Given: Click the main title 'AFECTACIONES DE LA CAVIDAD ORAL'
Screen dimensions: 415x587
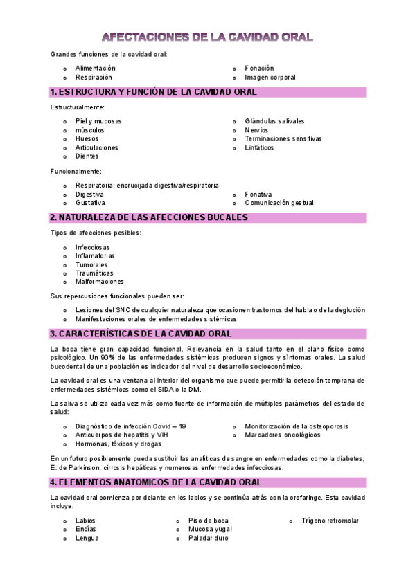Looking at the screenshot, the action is pos(207,37).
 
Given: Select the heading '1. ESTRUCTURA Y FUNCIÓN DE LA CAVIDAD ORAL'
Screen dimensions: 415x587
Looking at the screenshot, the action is pos(154,92).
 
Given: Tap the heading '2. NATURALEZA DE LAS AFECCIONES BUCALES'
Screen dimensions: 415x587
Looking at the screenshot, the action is pos(149,217).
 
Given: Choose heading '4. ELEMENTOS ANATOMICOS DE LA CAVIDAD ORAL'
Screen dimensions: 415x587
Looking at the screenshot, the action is pos(156,482).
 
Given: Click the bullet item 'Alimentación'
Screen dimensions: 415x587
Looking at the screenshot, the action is pos(96,69).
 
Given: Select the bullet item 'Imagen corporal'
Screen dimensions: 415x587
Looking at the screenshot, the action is pos(270,78).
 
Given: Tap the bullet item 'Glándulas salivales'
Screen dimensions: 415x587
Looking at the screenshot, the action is pos(274,121).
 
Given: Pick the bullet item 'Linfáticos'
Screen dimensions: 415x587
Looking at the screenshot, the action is pos(259,147).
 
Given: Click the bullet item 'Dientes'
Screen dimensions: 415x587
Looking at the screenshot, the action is pos(87,156).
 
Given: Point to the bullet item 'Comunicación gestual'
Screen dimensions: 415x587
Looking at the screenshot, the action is pos(279,203).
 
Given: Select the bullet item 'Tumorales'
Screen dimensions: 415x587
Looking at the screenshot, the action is pos(91,264).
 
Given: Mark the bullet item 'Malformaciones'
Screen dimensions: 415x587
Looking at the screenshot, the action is pos(100,282).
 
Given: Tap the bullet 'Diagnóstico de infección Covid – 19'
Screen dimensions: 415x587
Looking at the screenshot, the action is pos(130,426).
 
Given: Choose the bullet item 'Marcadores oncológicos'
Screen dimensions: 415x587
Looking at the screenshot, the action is pos(282,435).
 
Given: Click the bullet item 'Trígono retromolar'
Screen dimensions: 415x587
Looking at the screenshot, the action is pos(330,521).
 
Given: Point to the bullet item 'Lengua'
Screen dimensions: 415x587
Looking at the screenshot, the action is pos(87,538).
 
